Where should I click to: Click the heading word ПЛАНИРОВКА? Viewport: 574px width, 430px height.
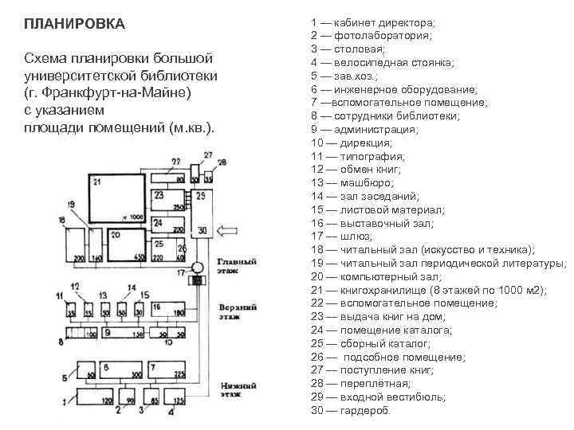pos(75,23)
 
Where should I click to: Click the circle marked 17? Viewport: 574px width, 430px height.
pos(199,268)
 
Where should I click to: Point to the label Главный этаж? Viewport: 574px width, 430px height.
pos(237,265)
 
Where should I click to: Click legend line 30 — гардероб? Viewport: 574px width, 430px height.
pos(351,410)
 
